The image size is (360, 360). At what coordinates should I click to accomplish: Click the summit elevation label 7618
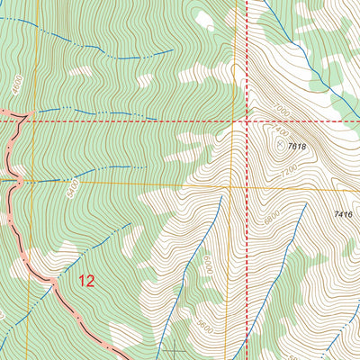pos(298,146)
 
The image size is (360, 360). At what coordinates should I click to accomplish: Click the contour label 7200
pos(288,169)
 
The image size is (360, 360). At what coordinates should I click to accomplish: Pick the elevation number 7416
pos(343,214)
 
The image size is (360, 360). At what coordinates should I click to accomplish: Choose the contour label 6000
pos(208,266)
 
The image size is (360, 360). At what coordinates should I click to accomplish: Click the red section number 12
pos(86,281)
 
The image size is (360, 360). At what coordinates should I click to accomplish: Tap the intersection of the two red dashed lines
pos(247,120)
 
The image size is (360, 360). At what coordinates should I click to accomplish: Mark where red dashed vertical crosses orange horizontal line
pos(247,188)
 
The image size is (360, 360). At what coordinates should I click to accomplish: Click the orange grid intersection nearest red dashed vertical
pos(231,188)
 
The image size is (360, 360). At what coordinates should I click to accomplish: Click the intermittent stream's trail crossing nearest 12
pos(52,281)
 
